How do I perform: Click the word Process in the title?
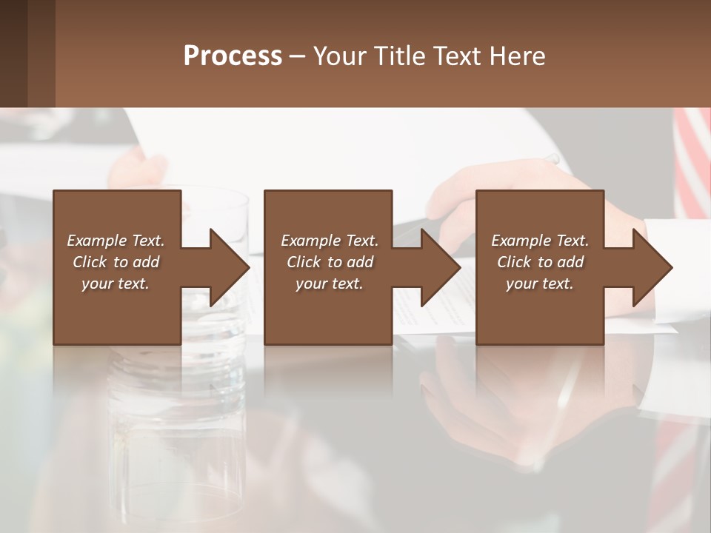[x=233, y=56]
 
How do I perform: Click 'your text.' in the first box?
[x=116, y=284]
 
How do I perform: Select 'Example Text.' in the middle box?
[x=330, y=241]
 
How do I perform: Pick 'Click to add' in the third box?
[x=540, y=262]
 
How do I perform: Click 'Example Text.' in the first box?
[x=116, y=241]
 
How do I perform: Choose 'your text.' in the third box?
[x=540, y=284]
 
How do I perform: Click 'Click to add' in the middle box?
[x=330, y=262]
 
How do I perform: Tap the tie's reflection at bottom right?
[x=678, y=474]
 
